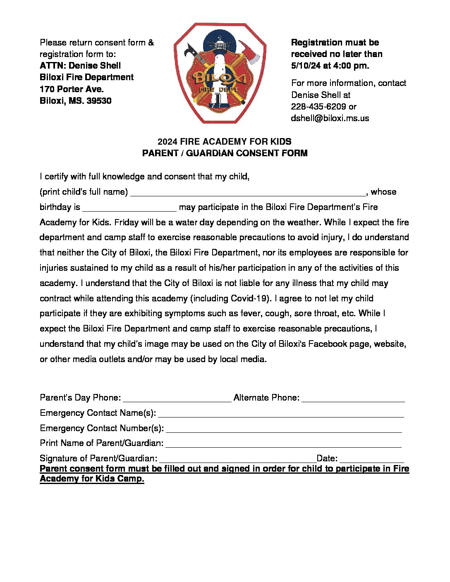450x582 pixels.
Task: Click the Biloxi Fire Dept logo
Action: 220,73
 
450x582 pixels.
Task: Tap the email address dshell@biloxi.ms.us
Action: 330,118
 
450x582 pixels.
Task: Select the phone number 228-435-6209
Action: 318,107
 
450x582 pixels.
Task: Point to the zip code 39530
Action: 99,101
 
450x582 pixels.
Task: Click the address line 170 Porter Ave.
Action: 72,89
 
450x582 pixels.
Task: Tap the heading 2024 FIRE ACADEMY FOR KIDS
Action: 224,142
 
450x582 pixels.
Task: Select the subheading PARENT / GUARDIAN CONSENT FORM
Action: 225,153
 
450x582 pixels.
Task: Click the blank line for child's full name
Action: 248,193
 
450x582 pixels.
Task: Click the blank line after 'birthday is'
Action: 129,208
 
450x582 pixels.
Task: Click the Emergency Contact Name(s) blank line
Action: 281,414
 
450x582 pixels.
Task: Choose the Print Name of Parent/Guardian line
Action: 283,444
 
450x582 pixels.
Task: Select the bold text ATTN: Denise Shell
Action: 80,66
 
